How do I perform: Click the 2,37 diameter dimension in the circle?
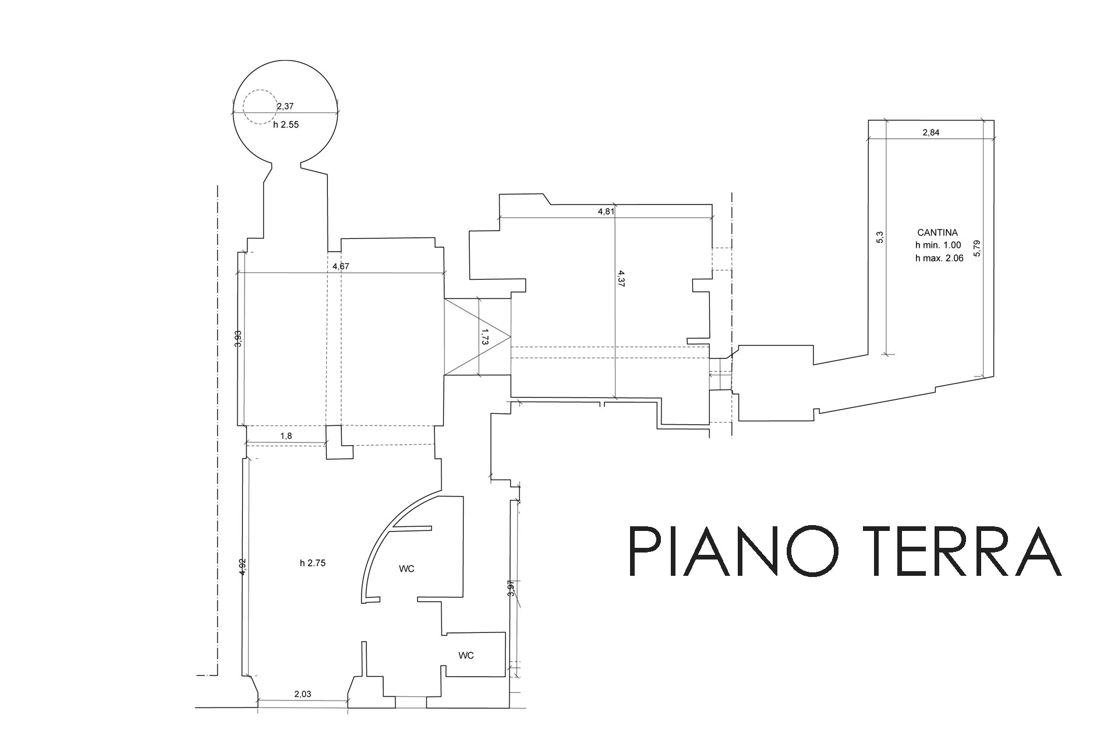pos(285,106)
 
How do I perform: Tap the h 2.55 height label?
pos(286,125)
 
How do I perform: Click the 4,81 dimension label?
pos(606,212)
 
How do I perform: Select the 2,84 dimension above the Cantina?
pos(931,132)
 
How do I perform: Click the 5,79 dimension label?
pos(977,248)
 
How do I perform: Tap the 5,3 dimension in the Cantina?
pos(880,238)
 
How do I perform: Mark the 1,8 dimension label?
pos(286,436)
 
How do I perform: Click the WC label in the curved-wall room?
pos(407,569)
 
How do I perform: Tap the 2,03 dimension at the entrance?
pos(303,694)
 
